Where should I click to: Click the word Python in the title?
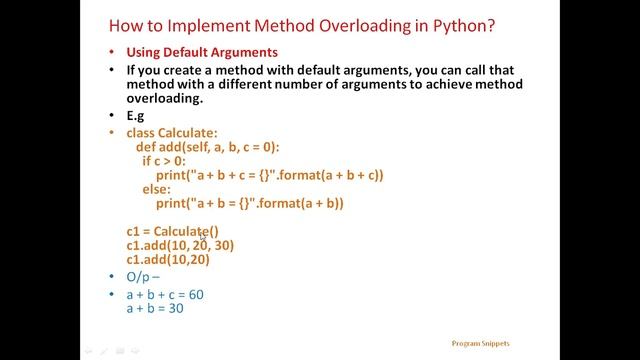[456, 21]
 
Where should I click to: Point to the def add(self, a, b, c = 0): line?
[215, 146]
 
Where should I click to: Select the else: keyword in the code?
[156, 189]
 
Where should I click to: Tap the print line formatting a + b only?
[250, 203]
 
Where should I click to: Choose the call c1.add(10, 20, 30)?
[181, 245]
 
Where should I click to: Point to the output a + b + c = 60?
[164, 295]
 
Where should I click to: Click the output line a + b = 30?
[154, 309]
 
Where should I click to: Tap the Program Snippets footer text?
[480, 343]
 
